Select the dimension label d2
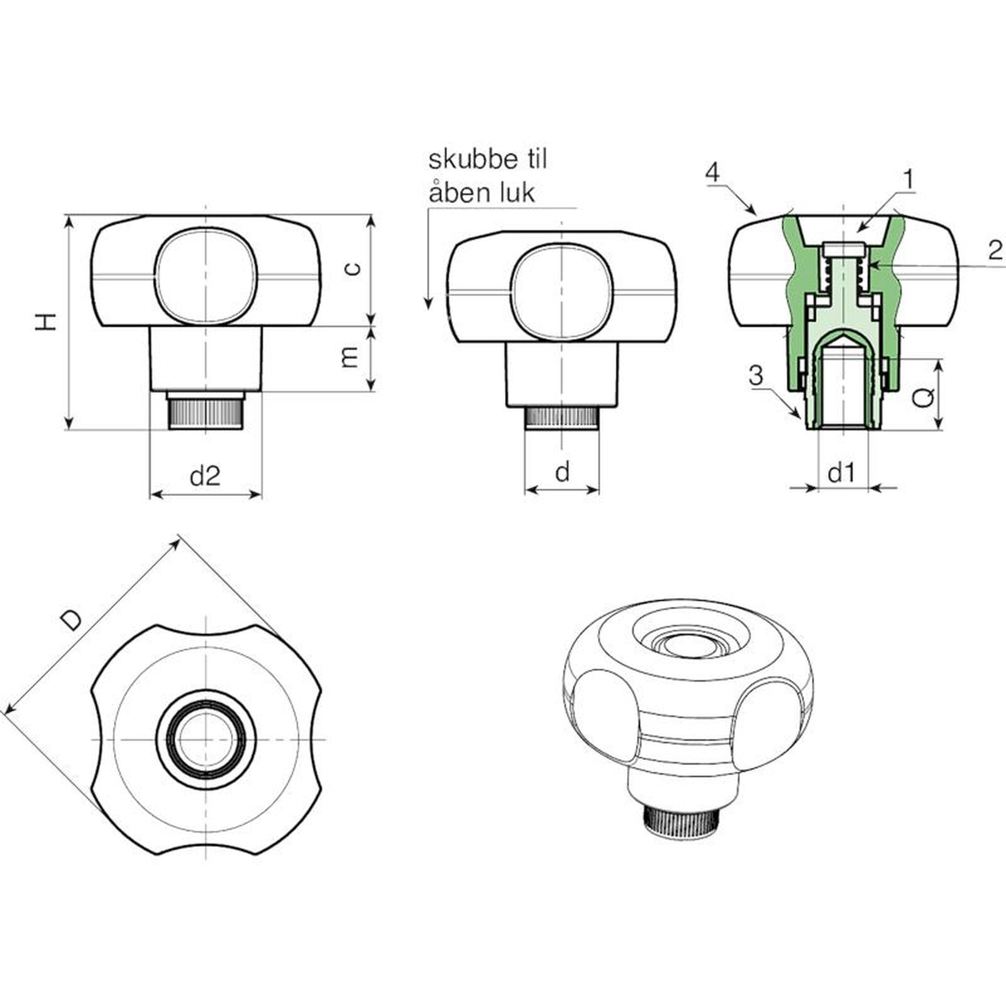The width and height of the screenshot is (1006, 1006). (205, 476)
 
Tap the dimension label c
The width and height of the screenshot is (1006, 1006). (354, 268)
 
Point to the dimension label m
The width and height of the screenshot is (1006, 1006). (350, 357)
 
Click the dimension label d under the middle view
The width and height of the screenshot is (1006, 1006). (563, 471)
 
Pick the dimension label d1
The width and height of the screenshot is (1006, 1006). (841, 472)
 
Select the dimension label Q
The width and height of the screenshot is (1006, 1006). (923, 397)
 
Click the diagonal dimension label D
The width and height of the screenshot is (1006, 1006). (72, 619)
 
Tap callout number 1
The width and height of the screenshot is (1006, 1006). (908, 180)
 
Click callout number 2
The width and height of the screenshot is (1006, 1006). (995, 250)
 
